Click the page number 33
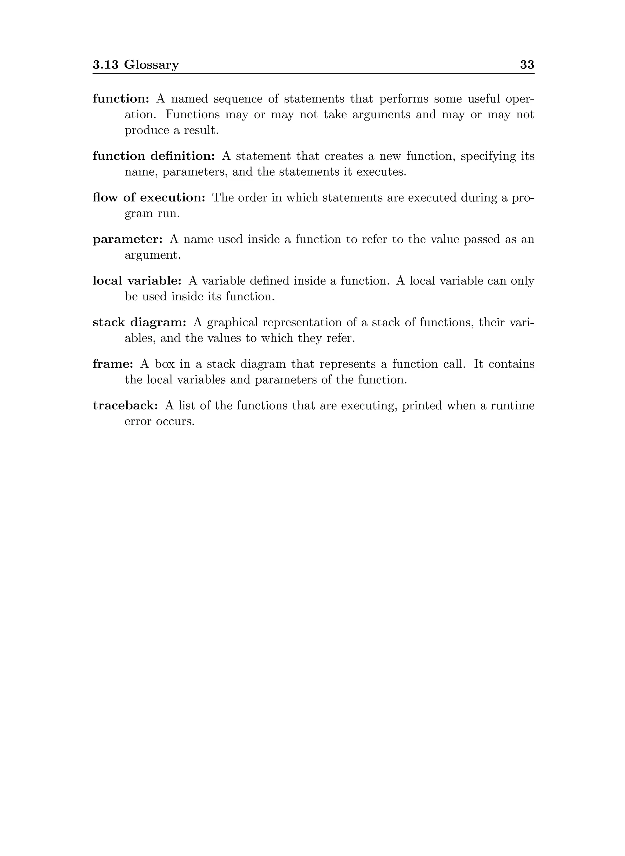(527, 65)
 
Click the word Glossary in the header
(151, 65)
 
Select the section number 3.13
(106, 65)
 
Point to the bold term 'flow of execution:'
(149, 197)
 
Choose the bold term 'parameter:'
(128, 239)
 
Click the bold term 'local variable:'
(137, 281)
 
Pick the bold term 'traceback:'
(125, 405)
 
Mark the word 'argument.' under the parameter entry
(153, 255)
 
